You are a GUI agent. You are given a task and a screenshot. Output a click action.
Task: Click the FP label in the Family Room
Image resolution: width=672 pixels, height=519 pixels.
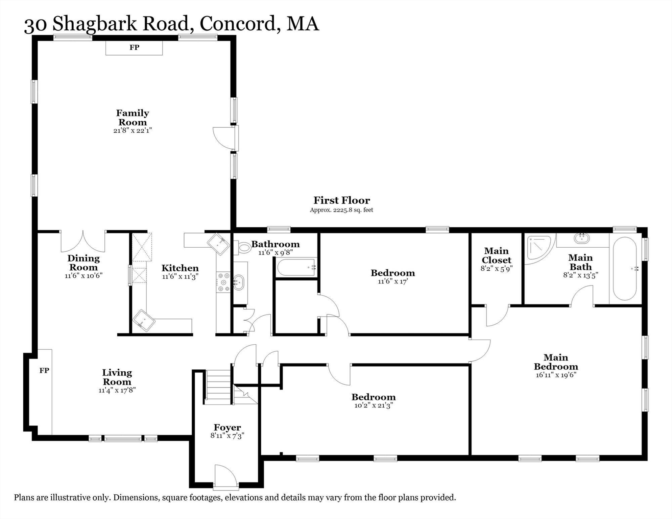[134, 47]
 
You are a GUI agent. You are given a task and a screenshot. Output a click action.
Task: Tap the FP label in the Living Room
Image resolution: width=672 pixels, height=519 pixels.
[44, 370]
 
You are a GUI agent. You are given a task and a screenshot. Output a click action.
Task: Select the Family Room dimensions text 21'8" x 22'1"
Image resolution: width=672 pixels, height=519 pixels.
[133, 130]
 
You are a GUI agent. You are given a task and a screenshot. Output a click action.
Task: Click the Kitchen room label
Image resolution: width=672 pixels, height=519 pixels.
[180, 268]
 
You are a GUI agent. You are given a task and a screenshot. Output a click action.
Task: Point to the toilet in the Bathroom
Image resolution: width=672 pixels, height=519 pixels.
[242, 247]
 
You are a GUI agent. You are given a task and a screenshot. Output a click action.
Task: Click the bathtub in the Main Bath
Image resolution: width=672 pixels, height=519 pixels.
[625, 269]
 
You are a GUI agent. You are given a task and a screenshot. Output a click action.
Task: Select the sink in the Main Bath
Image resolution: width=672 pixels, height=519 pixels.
[581, 238]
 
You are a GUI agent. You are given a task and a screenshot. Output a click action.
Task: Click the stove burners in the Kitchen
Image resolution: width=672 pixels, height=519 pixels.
[223, 282]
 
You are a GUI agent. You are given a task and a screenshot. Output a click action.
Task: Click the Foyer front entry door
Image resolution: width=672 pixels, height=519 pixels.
[226, 477]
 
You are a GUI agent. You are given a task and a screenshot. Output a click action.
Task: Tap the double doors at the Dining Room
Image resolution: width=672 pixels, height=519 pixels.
[83, 241]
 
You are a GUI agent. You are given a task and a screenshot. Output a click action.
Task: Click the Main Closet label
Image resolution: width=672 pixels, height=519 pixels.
[497, 255]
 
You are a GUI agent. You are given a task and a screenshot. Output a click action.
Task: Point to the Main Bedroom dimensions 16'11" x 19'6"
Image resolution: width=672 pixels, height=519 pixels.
[556, 375]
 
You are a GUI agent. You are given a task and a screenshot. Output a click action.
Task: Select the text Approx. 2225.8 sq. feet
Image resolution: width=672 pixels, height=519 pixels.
[341, 210]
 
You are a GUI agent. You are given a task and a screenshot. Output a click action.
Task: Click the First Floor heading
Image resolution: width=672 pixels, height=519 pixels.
[341, 200]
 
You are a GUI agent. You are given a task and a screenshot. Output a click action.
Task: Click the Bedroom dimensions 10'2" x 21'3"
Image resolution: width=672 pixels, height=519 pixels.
[374, 405]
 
